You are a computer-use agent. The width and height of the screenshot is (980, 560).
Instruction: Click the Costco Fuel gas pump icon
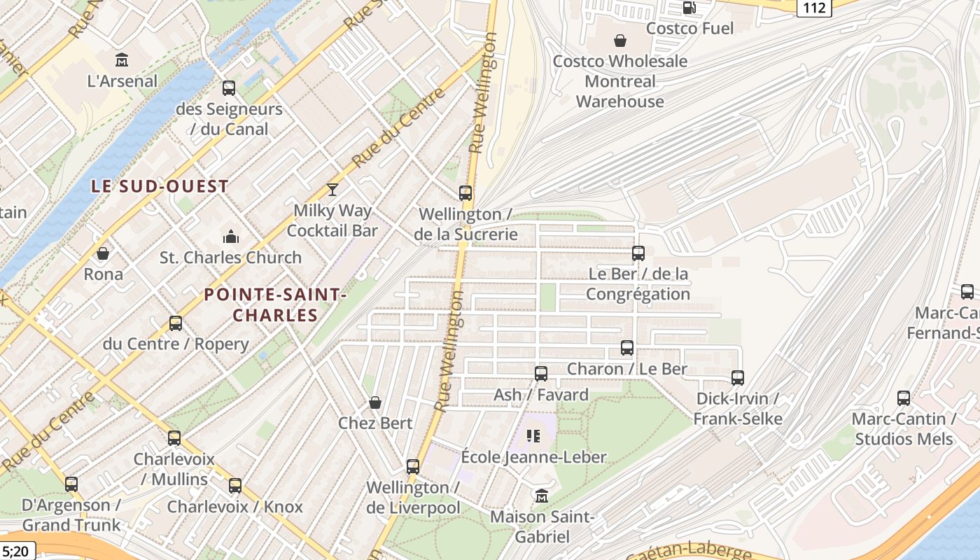tap(689, 8)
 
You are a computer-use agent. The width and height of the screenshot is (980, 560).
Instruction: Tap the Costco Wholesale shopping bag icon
tap(619, 41)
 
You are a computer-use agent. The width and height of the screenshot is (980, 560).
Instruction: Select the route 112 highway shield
tap(814, 7)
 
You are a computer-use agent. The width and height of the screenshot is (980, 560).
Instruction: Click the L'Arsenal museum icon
tap(122, 60)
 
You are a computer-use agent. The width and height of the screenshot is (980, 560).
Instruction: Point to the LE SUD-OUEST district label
tap(160, 186)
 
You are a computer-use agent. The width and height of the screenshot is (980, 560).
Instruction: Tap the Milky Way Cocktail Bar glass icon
tap(332, 189)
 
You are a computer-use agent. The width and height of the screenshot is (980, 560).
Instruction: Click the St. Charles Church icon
tap(230, 237)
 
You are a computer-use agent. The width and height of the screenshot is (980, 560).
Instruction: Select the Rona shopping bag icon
tap(103, 253)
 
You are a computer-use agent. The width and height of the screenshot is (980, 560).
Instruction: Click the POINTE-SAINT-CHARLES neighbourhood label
tap(275, 305)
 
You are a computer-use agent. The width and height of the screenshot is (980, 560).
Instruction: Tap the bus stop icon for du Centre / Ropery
tap(176, 323)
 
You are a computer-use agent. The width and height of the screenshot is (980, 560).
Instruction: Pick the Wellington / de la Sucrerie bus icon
tap(465, 193)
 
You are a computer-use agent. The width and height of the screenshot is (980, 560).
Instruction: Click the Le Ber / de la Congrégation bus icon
tap(638, 253)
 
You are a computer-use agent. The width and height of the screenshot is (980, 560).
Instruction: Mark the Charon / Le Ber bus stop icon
tap(627, 348)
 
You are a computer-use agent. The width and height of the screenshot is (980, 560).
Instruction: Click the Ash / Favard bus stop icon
tap(541, 374)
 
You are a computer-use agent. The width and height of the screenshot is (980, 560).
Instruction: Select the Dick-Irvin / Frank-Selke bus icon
tap(738, 378)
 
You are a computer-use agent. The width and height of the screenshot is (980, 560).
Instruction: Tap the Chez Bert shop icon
tap(375, 402)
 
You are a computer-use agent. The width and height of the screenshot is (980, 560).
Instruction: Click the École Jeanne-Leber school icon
tap(534, 436)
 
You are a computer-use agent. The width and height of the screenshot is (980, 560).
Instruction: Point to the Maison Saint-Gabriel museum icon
tap(541, 496)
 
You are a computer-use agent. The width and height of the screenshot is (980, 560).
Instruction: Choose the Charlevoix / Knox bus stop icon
tap(235, 486)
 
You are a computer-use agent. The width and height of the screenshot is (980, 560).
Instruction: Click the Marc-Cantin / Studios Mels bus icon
tap(904, 398)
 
